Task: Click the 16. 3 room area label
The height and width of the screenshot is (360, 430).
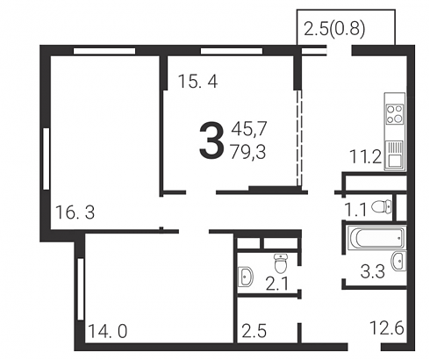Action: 75,212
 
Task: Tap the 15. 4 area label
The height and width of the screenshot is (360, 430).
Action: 198,81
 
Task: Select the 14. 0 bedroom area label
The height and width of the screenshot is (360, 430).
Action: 107,332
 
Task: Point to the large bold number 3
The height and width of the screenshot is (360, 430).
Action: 211,140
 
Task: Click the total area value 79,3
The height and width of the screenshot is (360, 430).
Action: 248,152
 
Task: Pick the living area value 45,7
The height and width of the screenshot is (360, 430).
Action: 249,129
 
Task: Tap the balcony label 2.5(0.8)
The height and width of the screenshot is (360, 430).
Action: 334,29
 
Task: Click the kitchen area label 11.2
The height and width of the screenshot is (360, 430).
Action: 366,156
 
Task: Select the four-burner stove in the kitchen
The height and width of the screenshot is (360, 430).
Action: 395,114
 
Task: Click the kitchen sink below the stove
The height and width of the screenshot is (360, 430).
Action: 395,155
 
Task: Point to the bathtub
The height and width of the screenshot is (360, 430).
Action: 376,238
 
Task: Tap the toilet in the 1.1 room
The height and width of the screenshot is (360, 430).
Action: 382,206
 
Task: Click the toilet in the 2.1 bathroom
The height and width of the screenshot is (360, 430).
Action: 281,263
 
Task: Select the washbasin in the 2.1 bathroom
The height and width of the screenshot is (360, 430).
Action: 246,276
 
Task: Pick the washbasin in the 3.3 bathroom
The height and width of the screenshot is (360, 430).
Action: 398,261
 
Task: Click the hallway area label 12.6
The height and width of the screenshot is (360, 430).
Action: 387,328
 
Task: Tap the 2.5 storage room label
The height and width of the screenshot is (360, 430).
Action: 254,331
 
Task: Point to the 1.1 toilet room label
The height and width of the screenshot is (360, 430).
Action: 355,210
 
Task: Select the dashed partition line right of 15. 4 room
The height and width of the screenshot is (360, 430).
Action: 298,138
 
